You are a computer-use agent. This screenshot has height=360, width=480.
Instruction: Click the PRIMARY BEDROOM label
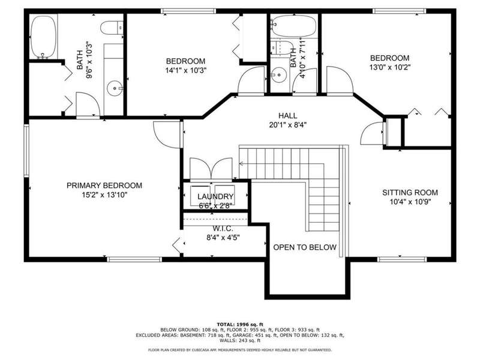tap(104, 185)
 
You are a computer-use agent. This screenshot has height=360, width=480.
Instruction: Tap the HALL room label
tap(288, 116)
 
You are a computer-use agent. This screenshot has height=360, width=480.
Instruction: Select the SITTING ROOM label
tap(410, 193)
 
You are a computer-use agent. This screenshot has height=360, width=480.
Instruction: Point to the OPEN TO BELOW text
tap(305, 247)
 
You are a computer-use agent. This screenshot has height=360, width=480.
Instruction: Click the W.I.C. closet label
tap(223, 229)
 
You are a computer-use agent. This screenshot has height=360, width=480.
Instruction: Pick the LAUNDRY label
tap(215, 197)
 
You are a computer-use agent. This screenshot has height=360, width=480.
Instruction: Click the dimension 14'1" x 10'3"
tap(186, 70)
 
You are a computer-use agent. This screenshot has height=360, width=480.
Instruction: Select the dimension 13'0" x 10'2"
tap(389, 67)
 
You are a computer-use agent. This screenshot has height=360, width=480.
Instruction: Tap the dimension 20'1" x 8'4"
tap(288, 125)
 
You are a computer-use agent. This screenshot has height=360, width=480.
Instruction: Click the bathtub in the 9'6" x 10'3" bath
tap(43, 37)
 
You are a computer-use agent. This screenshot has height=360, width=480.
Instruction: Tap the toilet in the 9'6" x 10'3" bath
tap(112, 28)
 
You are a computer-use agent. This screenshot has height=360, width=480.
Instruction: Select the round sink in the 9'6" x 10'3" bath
tap(115, 88)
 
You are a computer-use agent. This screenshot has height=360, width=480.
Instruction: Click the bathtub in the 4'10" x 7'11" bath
tap(293, 26)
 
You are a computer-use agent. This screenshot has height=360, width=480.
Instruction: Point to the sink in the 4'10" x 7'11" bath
tap(279, 74)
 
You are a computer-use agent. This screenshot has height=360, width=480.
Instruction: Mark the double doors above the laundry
tap(211, 169)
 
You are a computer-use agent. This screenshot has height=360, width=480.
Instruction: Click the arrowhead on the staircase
tap(241, 164)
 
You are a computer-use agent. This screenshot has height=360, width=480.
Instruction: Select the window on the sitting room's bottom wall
tap(401, 260)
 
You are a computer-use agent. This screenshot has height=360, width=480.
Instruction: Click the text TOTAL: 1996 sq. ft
tap(240, 324)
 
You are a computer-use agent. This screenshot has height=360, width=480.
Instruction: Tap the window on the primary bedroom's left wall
tap(26, 151)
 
